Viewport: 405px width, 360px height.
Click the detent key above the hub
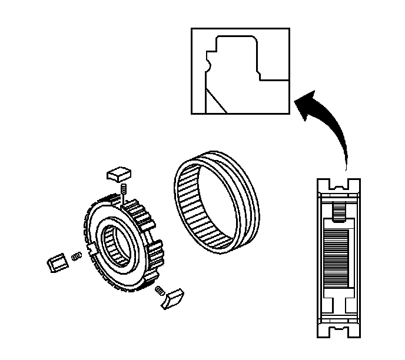pos(118,173)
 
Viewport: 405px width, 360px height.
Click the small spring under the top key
pos(124,189)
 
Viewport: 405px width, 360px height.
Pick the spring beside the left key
pos(76,256)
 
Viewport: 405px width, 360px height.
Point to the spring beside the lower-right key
pos(158,289)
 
